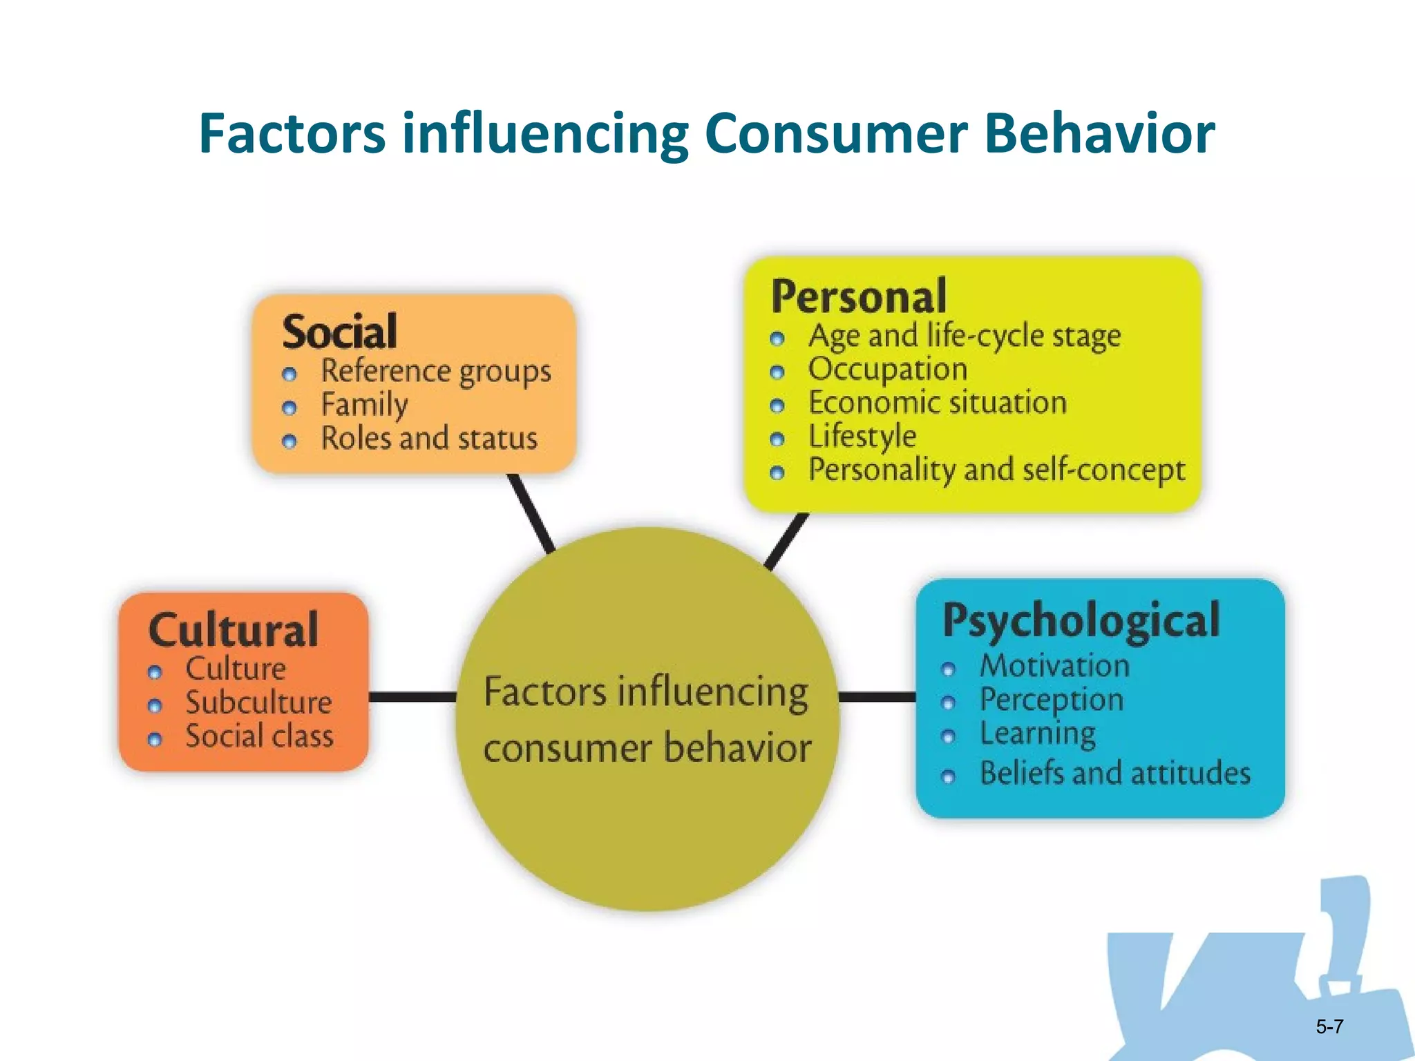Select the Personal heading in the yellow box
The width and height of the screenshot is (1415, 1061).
click(859, 296)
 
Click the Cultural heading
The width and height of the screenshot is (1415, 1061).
click(234, 629)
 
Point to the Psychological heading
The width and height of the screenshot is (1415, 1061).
click(1081, 620)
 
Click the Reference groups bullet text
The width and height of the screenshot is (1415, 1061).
click(436, 372)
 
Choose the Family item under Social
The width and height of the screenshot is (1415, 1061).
click(364, 405)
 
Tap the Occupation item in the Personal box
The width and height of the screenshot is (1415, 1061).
click(888, 370)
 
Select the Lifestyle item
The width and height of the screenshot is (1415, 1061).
click(862, 437)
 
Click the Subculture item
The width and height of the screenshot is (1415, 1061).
click(258, 702)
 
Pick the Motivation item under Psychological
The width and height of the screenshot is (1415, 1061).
click(1054, 666)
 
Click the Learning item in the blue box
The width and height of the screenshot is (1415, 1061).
click(1038, 734)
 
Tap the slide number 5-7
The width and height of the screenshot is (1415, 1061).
click(1329, 1026)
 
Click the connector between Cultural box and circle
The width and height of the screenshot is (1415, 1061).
click(412, 697)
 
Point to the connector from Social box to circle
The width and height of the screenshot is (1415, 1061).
click(531, 513)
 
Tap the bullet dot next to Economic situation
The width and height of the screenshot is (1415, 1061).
click(777, 406)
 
